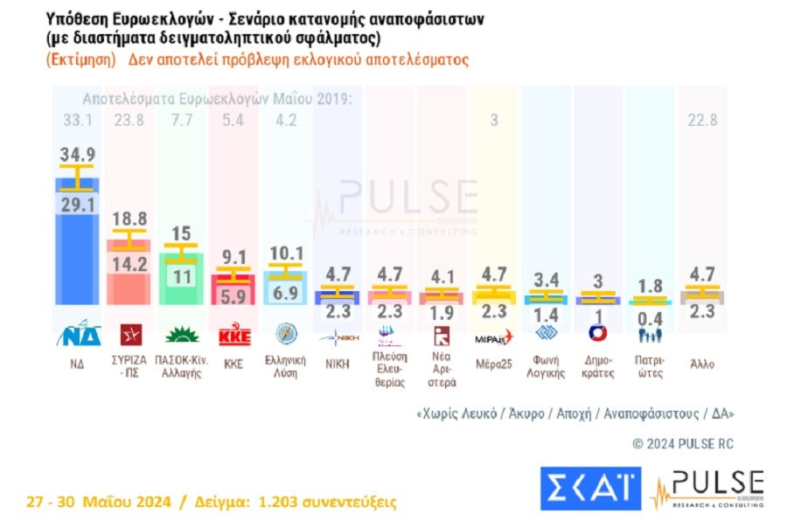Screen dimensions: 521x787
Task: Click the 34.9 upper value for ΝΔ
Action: [x=76, y=154]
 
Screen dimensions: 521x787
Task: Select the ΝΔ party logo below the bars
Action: [x=78, y=336]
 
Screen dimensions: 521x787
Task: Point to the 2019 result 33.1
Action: [x=76, y=121]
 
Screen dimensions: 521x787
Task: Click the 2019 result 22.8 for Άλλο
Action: [x=702, y=121]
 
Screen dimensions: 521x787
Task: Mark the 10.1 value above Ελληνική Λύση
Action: [x=287, y=254]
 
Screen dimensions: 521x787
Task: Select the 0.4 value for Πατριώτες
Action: [x=650, y=318]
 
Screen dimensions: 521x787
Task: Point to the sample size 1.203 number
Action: [x=271, y=502]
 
